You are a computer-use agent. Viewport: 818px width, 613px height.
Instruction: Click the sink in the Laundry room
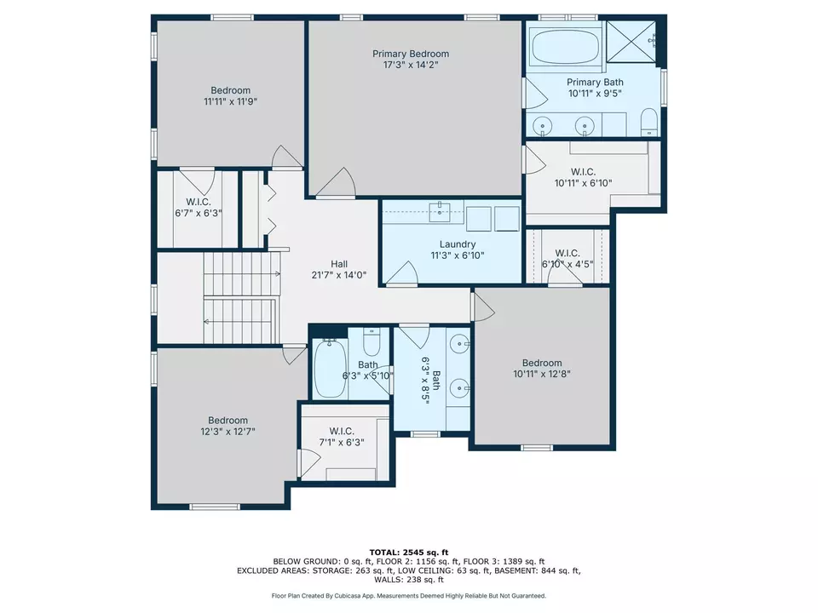441,211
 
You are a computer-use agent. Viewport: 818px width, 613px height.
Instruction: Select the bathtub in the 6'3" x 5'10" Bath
328,370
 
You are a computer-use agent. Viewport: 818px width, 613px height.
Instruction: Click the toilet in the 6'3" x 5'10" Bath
372,342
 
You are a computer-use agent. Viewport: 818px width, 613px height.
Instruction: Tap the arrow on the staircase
207,321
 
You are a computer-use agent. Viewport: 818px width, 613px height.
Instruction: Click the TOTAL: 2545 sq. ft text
408,552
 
